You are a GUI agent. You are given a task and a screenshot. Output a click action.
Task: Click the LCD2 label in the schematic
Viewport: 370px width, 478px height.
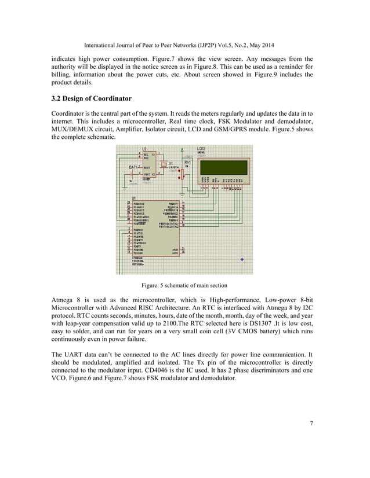pyautogui.click(x=201, y=149)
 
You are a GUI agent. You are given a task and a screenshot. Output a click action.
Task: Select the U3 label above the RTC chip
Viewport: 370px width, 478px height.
pyautogui.click(x=144, y=149)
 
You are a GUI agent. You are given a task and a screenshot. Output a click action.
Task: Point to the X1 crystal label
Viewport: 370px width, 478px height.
pyautogui.click(x=171, y=163)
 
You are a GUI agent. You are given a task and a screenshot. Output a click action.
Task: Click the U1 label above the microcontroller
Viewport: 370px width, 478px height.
pyautogui.click(x=135, y=198)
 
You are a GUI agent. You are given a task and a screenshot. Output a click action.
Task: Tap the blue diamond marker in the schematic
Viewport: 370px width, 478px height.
pyautogui.click(x=242, y=259)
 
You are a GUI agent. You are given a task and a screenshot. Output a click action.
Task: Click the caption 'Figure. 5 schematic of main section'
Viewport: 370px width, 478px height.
pyautogui.click(x=184, y=285)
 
